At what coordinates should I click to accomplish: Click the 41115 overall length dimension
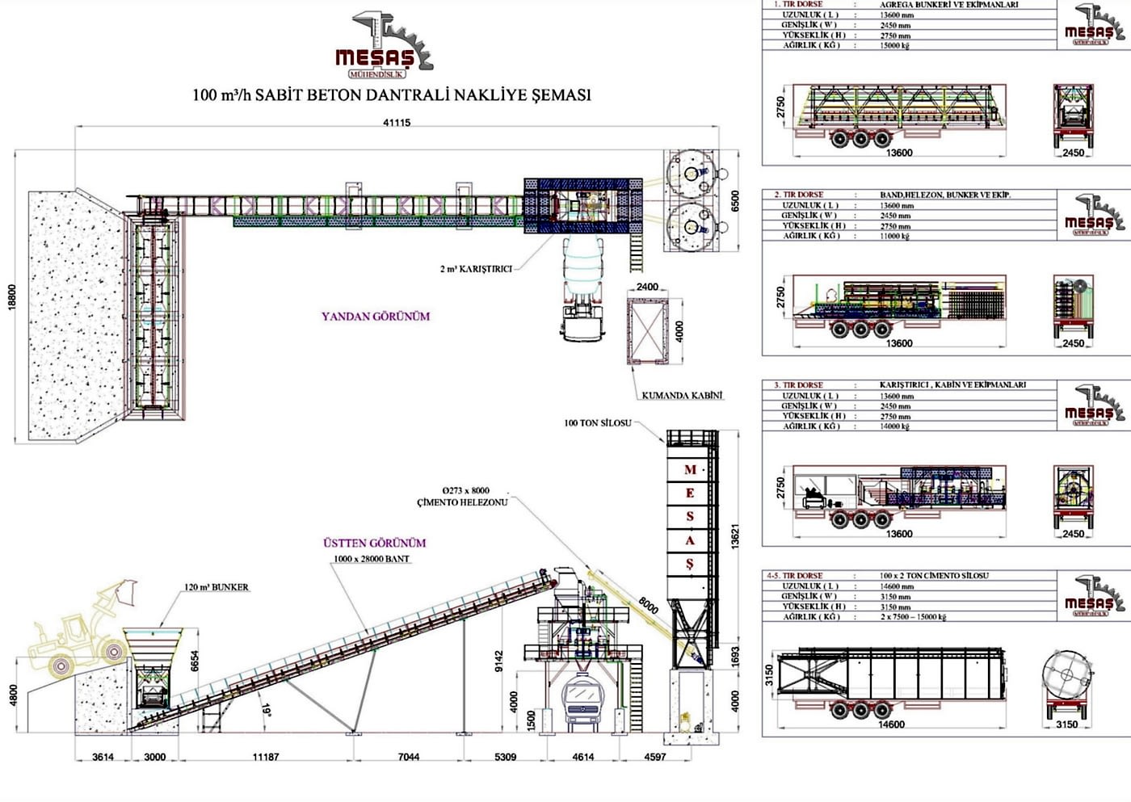pos(396,123)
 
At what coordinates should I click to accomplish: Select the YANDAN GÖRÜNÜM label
pos(376,317)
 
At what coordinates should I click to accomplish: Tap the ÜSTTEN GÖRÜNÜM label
pos(374,544)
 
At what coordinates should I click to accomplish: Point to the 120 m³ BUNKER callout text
pos(217,587)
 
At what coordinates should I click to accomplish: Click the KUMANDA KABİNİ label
pos(682,396)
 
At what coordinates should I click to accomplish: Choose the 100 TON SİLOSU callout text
pos(598,423)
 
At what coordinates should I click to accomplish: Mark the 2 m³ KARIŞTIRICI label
pos(476,269)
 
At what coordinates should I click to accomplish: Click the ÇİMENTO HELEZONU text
pos(462,502)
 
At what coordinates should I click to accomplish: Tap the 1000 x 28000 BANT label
pos(372,559)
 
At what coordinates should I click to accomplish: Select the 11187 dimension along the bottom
pos(266,757)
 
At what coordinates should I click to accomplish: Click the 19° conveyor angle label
pos(267,711)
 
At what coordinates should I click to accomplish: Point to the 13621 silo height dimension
pos(734,536)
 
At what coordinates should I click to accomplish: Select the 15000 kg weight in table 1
pos(894,46)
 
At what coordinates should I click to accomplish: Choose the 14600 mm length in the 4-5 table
pos(897,586)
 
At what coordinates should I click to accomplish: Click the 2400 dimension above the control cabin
pos(647,287)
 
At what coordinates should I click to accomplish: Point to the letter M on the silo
pos(690,470)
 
